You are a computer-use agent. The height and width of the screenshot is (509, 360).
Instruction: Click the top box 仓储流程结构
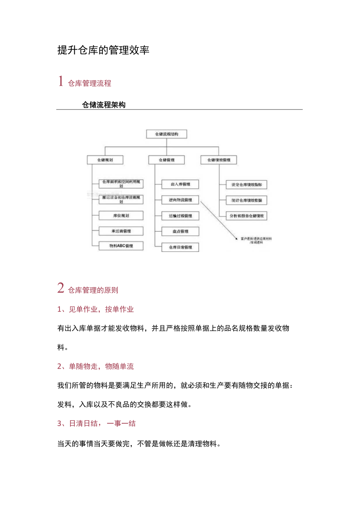(x=166, y=134)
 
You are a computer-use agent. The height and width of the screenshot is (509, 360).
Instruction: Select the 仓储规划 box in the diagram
(x=105, y=160)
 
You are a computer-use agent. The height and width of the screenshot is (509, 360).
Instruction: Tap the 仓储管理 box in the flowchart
(x=166, y=160)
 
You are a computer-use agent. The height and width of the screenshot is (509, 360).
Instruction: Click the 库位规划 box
(x=121, y=216)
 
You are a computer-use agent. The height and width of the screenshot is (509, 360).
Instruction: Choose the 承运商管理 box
(x=121, y=231)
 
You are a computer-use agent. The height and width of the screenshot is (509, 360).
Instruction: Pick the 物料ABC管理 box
(x=121, y=246)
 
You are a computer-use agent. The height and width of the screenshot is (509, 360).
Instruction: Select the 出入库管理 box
(x=180, y=184)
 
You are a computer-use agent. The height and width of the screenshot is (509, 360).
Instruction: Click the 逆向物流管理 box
(x=180, y=200)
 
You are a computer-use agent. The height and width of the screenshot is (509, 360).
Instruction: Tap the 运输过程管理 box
(x=180, y=216)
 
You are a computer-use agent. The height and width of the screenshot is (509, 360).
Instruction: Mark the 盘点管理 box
(x=180, y=231)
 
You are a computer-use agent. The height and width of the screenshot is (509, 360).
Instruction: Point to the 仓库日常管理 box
(x=180, y=247)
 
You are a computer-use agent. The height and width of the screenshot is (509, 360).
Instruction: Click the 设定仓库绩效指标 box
(x=247, y=185)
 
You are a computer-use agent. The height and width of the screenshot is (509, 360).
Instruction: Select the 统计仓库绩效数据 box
(x=247, y=200)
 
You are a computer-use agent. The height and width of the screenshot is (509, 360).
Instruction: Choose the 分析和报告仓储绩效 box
(x=247, y=216)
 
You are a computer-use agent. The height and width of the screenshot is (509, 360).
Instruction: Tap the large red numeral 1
(x=61, y=81)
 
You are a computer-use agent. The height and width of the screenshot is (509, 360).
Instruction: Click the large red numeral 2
(x=61, y=288)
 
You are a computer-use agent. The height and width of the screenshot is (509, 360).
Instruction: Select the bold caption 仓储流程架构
(x=104, y=105)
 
